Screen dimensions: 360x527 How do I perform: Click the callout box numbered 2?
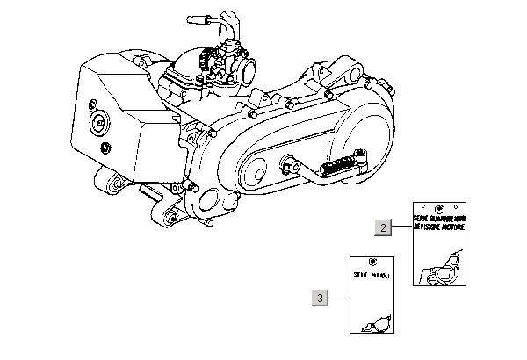coord(383,227)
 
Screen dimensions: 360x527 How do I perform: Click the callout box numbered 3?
coord(320,298)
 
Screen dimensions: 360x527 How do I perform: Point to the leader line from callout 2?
coord(402,227)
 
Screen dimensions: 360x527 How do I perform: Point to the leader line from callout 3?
coord(339,298)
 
